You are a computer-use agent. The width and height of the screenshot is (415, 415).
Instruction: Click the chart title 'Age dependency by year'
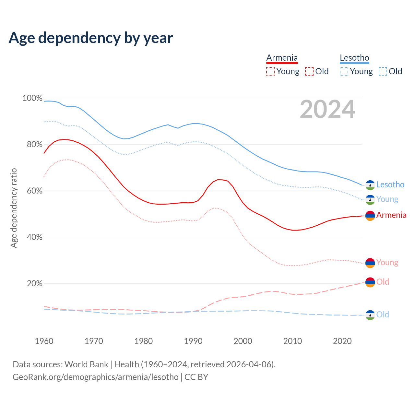click(91, 38)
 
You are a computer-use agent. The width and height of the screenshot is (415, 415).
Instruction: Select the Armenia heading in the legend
click(282, 58)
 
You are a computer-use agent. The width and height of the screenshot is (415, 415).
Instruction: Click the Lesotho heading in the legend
click(354, 58)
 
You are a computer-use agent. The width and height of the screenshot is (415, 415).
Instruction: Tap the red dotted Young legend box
click(270, 71)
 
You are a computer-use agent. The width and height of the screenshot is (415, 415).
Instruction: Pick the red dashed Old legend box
click(309, 71)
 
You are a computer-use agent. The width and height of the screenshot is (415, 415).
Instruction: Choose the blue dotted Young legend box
click(344, 71)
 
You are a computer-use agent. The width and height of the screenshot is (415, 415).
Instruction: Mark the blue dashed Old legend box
click(383, 71)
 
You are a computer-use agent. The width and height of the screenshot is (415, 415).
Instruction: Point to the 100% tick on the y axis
click(32, 98)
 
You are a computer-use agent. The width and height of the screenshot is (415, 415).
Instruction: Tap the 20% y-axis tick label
click(34, 283)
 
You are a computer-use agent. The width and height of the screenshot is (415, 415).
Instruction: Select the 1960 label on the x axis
click(44, 341)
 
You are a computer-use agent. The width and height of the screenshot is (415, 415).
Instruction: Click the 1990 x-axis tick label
click(193, 341)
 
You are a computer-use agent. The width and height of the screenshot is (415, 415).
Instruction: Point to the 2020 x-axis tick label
click(342, 341)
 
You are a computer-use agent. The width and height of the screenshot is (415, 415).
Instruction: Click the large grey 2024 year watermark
click(327, 110)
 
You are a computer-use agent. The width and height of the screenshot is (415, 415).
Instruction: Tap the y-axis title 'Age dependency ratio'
click(14, 208)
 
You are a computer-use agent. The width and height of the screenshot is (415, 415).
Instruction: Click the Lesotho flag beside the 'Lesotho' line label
click(370, 185)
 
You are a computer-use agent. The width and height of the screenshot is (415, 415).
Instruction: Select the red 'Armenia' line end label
click(391, 215)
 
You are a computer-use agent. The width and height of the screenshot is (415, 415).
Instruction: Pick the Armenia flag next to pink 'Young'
click(370, 263)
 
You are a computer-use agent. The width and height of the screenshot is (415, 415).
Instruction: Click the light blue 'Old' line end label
click(383, 314)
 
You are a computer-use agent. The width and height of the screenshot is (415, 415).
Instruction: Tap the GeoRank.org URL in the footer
click(96, 377)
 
